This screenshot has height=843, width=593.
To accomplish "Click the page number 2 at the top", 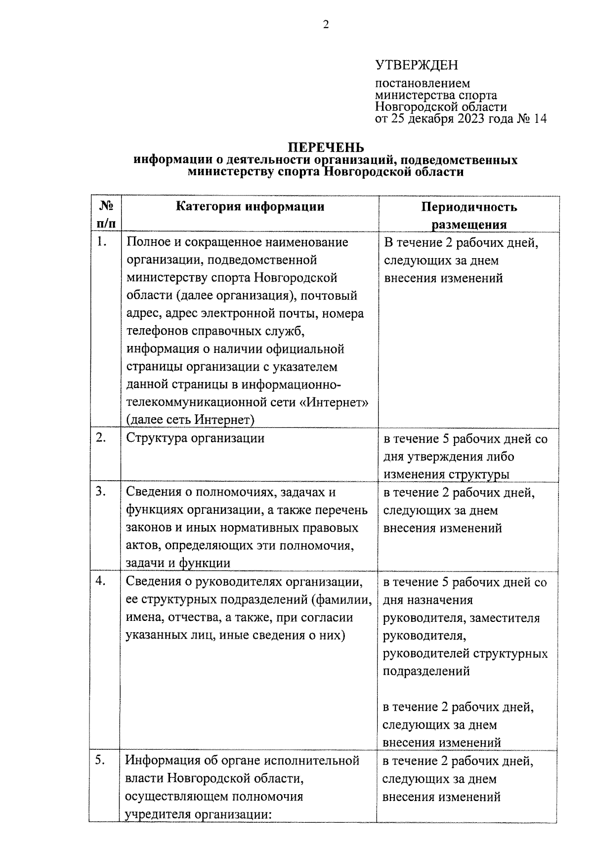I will click(326, 25).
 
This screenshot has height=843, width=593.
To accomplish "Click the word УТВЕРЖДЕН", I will click(417, 65).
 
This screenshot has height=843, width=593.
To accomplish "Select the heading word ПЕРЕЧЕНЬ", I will click(326, 148).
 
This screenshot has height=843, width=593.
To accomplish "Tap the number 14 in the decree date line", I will click(540, 119).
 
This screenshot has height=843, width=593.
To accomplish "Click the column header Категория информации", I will click(250, 207).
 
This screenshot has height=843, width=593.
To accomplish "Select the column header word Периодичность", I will click(469, 207).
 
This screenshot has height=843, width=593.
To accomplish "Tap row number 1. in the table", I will click(101, 241).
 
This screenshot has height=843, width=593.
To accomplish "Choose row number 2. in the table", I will click(101, 437).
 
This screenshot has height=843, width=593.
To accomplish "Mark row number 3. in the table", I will click(101, 491).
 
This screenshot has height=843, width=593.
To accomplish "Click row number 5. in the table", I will click(101, 760).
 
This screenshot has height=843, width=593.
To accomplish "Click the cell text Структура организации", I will click(195, 438).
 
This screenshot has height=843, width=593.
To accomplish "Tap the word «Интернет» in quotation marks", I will click(334, 402).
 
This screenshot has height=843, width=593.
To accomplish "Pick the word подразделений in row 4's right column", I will click(426, 671).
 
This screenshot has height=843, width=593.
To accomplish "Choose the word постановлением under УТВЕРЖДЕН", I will click(423, 83).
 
